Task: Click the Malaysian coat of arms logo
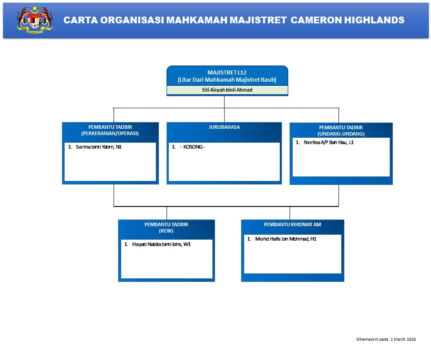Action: (x=35, y=20)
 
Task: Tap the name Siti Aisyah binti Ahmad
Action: (x=227, y=90)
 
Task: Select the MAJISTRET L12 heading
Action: (x=227, y=72)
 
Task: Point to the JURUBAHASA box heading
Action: (x=224, y=127)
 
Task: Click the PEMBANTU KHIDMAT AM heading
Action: (x=292, y=224)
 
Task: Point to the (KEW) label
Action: (x=166, y=231)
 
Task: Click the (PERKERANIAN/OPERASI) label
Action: (x=110, y=133)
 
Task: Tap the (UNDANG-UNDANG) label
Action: (x=341, y=134)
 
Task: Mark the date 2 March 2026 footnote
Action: (x=403, y=339)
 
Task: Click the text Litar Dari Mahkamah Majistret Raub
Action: (x=227, y=80)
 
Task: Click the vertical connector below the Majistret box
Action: (x=224, y=102)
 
